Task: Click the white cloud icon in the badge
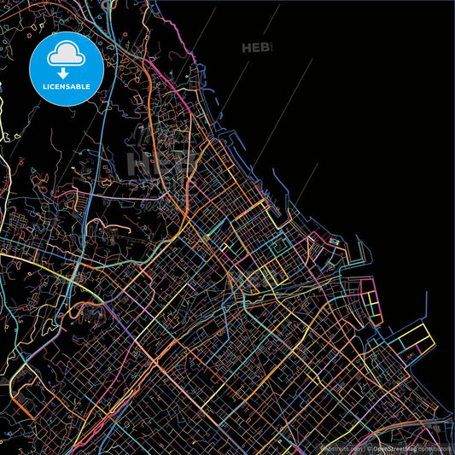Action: coord(66,55)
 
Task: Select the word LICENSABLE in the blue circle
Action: coord(66,86)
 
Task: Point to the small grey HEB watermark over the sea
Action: coord(256,48)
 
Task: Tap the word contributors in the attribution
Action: coord(436,447)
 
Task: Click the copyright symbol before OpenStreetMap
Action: coord(368,447)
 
